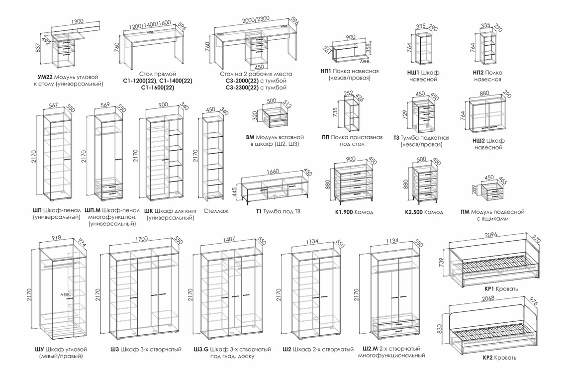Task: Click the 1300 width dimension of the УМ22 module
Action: coord(77,22)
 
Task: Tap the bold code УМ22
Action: coord(44,77)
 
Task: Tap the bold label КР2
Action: coord(489,358)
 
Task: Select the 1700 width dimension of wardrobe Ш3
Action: coord(141,239)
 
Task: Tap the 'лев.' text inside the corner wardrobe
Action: coord(66,294)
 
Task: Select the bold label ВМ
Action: coord(250,137)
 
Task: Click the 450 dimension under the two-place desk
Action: coord(259,67)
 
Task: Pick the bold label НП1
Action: coord(326,71)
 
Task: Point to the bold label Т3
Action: coord(396,138)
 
